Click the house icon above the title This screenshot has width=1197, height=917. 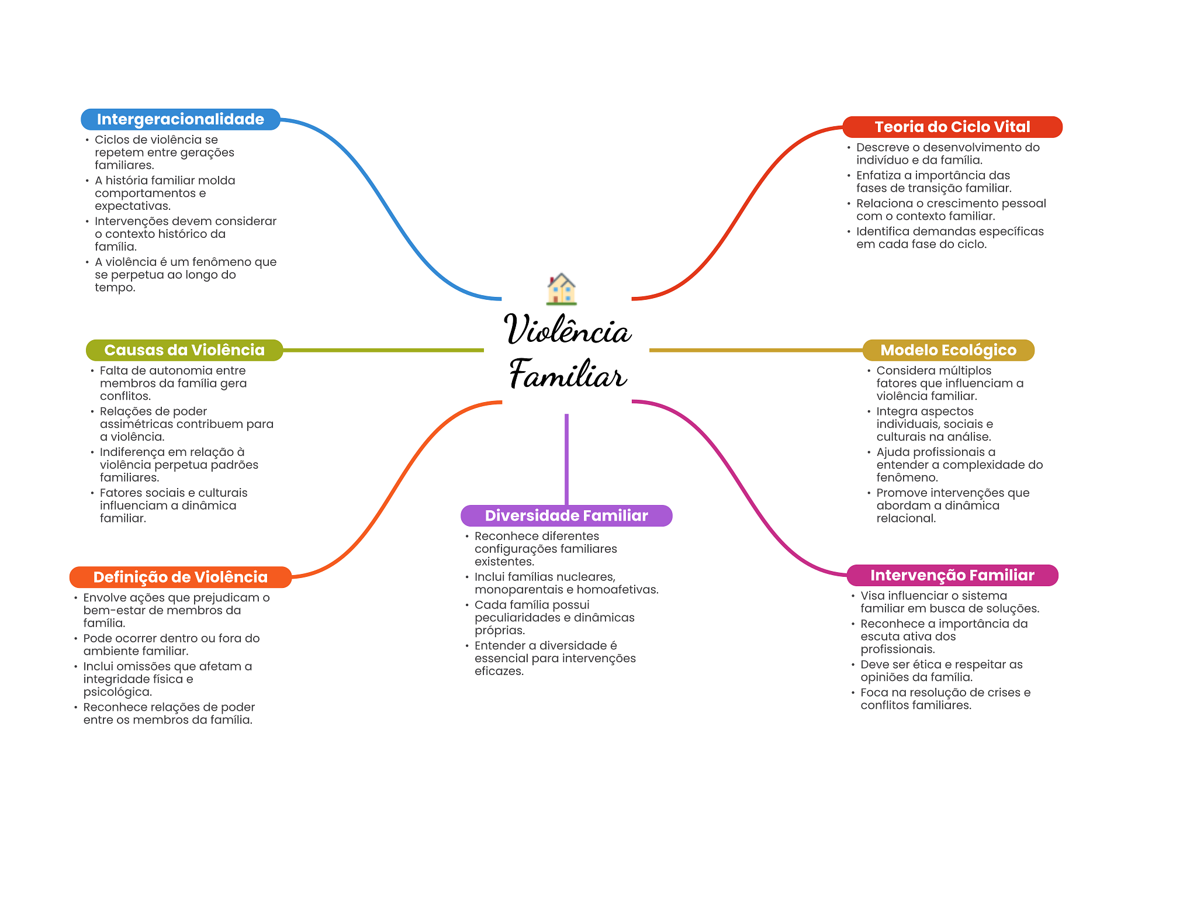click(x=561, y=289)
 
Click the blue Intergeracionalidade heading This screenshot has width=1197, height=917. click(x=180, y=119)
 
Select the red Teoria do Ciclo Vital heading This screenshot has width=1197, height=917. click(x=952, y=127)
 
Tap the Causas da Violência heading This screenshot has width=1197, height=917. click(x=184, y=350)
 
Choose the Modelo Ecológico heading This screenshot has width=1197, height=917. click(x=948, y=350)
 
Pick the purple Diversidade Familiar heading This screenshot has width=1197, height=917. click(x=566, y=515)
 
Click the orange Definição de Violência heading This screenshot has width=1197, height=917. click(x=180, y=577)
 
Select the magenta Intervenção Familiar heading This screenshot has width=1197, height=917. click(x=952, y=575)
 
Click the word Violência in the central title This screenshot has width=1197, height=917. click(x=567, y=330)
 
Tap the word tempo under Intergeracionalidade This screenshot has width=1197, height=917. click(x=114, y=288)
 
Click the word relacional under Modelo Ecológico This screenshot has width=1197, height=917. click(x=905, y=518)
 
